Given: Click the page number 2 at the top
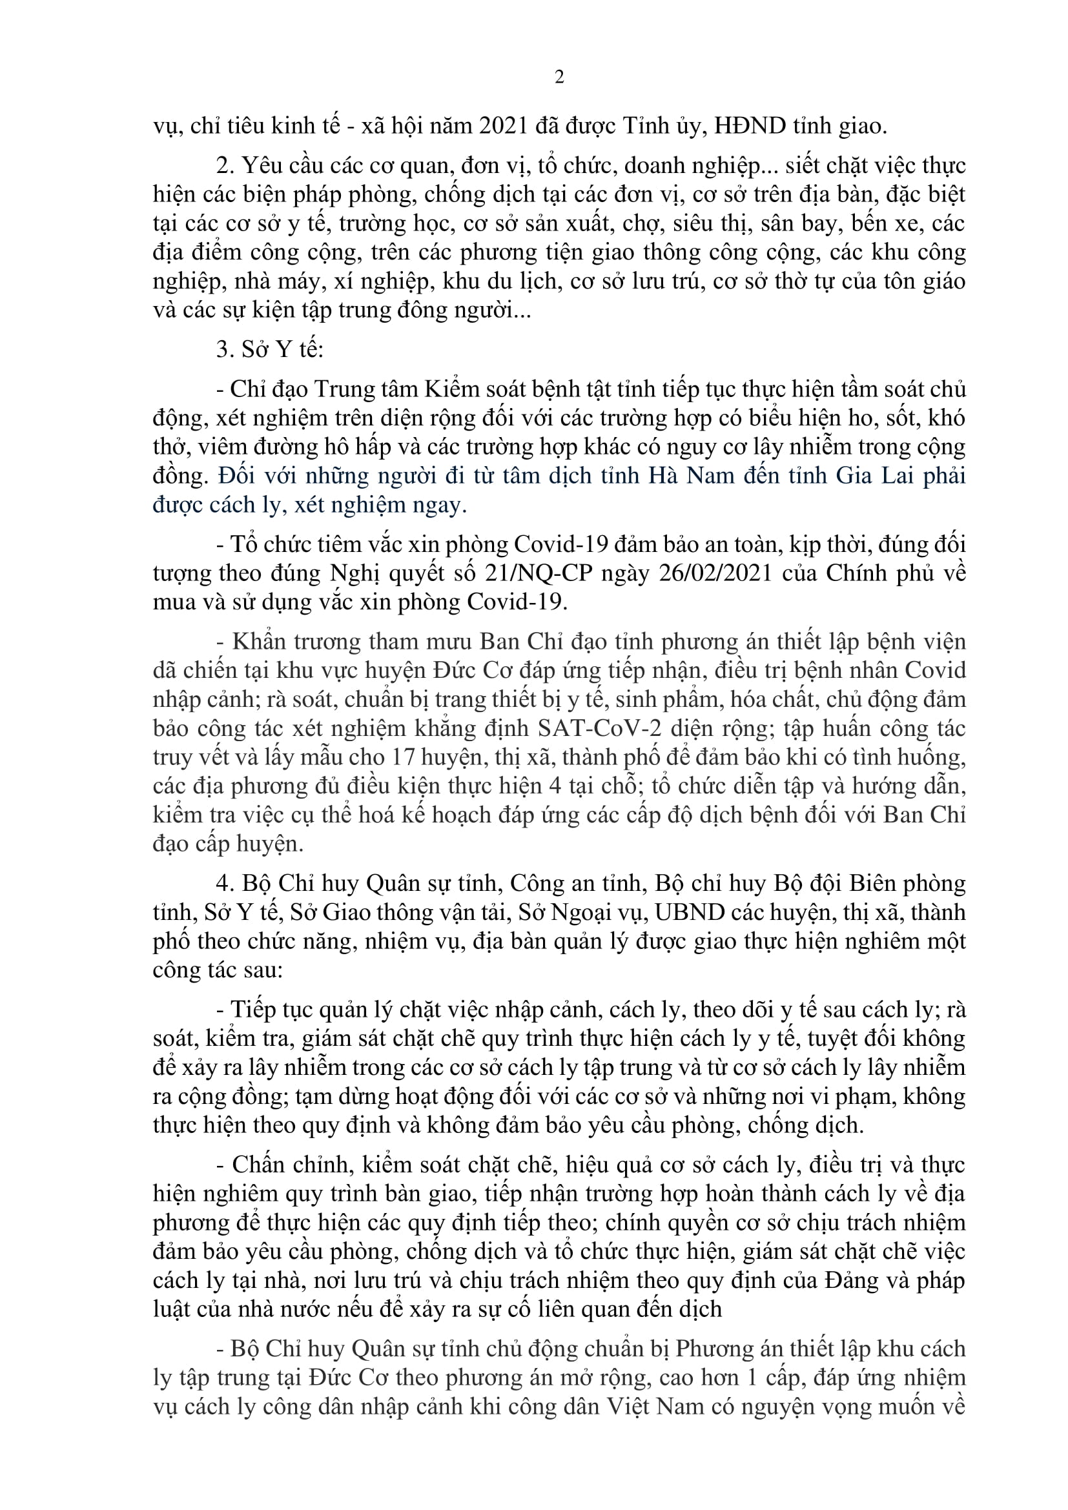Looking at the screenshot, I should pyautogui.click(x=559, y=77).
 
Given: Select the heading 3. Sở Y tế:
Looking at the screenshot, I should pyautogui.click(x=271, y=349).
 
